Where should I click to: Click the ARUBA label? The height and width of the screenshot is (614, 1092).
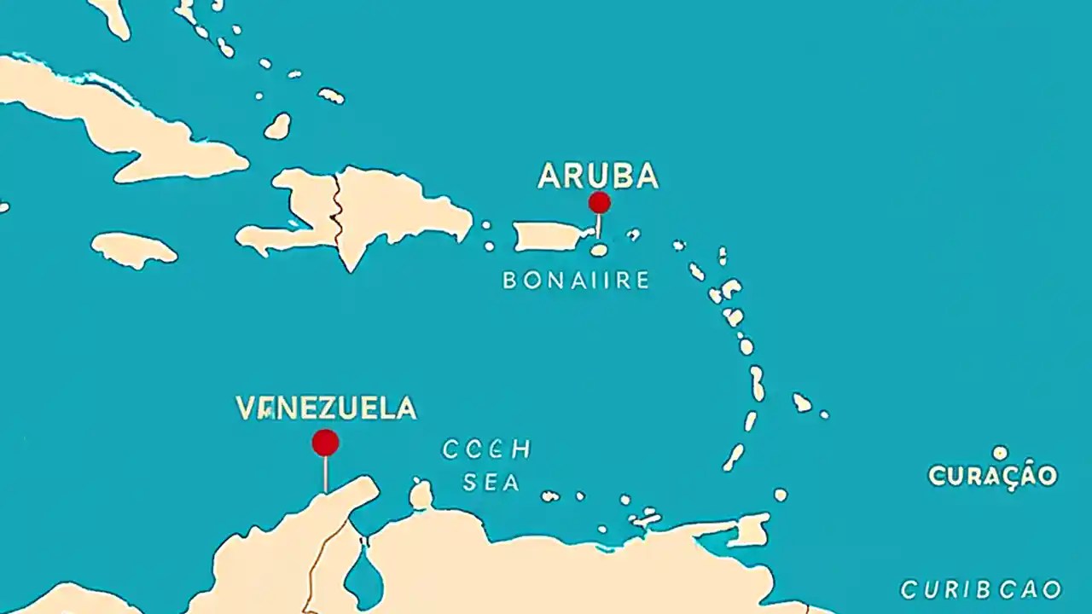pos(598,176)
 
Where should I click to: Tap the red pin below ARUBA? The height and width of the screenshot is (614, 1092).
pos(599,202)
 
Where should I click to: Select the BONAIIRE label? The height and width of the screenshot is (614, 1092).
pos(576,280)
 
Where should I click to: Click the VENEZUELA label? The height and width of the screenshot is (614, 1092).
pos(326,408)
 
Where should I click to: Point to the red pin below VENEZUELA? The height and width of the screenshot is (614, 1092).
pos(325,443)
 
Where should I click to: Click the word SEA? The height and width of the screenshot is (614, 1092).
pos(491,483)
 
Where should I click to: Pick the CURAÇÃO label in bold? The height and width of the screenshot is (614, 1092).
pos(992,475)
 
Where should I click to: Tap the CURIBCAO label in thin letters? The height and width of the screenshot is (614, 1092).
pos(981,589)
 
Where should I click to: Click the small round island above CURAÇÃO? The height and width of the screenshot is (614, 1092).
pos(1000,453)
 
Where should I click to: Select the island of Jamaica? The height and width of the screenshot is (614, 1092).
pos(134,248)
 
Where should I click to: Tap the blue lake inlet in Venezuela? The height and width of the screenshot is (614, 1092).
pos(365,576)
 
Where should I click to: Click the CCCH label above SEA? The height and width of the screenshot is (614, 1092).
pos(486,449)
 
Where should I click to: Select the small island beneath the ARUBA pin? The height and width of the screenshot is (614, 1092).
pos(599,250)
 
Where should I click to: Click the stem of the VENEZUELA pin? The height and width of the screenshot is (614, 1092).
pos(325,474)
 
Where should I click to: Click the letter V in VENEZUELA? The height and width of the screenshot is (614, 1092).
pos(246,408)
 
